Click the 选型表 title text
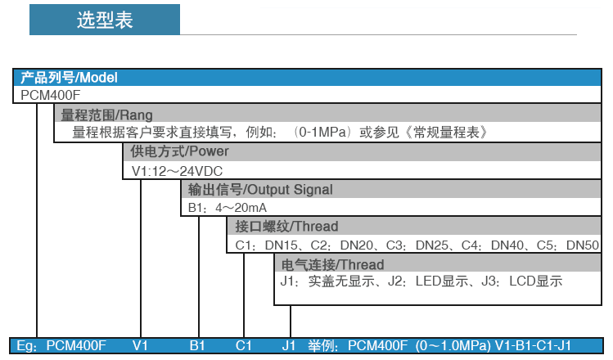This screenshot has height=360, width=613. click(x=105, y=20)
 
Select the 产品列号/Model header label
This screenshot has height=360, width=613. click(x=69, y=78)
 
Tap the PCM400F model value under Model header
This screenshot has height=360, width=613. click(x=50, y=95)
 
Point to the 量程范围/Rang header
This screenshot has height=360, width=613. click(x=106, y=115)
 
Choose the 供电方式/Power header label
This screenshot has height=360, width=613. click(x=179, y=151)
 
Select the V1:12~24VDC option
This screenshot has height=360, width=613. click(x=177, y=171)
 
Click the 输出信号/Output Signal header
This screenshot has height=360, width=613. click(x=260, y=190)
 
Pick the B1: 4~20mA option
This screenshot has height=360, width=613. click(x=228, y=208)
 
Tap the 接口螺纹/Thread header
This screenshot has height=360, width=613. click(x=286, y=227)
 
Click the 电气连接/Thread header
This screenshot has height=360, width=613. click(x=332, y=264)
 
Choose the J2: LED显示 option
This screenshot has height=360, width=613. click(x=428, y=281)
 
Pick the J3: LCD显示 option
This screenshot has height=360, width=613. click(x=522, y=281)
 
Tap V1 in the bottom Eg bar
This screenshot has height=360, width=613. click(x=140, y=345)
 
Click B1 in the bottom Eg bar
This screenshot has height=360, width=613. click(x=197, y=345)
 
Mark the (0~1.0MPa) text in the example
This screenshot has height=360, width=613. click(x=453, y=345)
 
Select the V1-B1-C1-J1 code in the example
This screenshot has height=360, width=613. click(x=533, y=345)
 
